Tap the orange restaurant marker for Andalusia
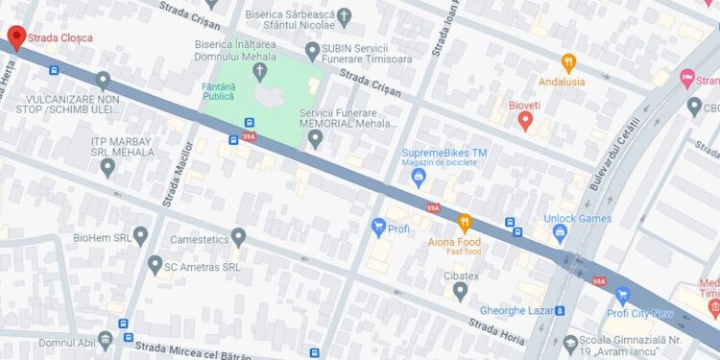[x=568, y=63]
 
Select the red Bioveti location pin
[x=525, y=120]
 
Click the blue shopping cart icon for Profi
[x=378, y=228]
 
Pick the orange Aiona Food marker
[x=465, y=223]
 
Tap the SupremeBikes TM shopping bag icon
[x=419, y=177]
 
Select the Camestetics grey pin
[x=238, y=236]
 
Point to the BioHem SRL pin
[x=140, y=235]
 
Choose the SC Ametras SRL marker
[x=155, y=264]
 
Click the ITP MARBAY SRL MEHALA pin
[x=108, y=167]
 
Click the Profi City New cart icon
[x=622, y=295]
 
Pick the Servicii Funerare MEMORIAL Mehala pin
[x=315, y=139]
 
